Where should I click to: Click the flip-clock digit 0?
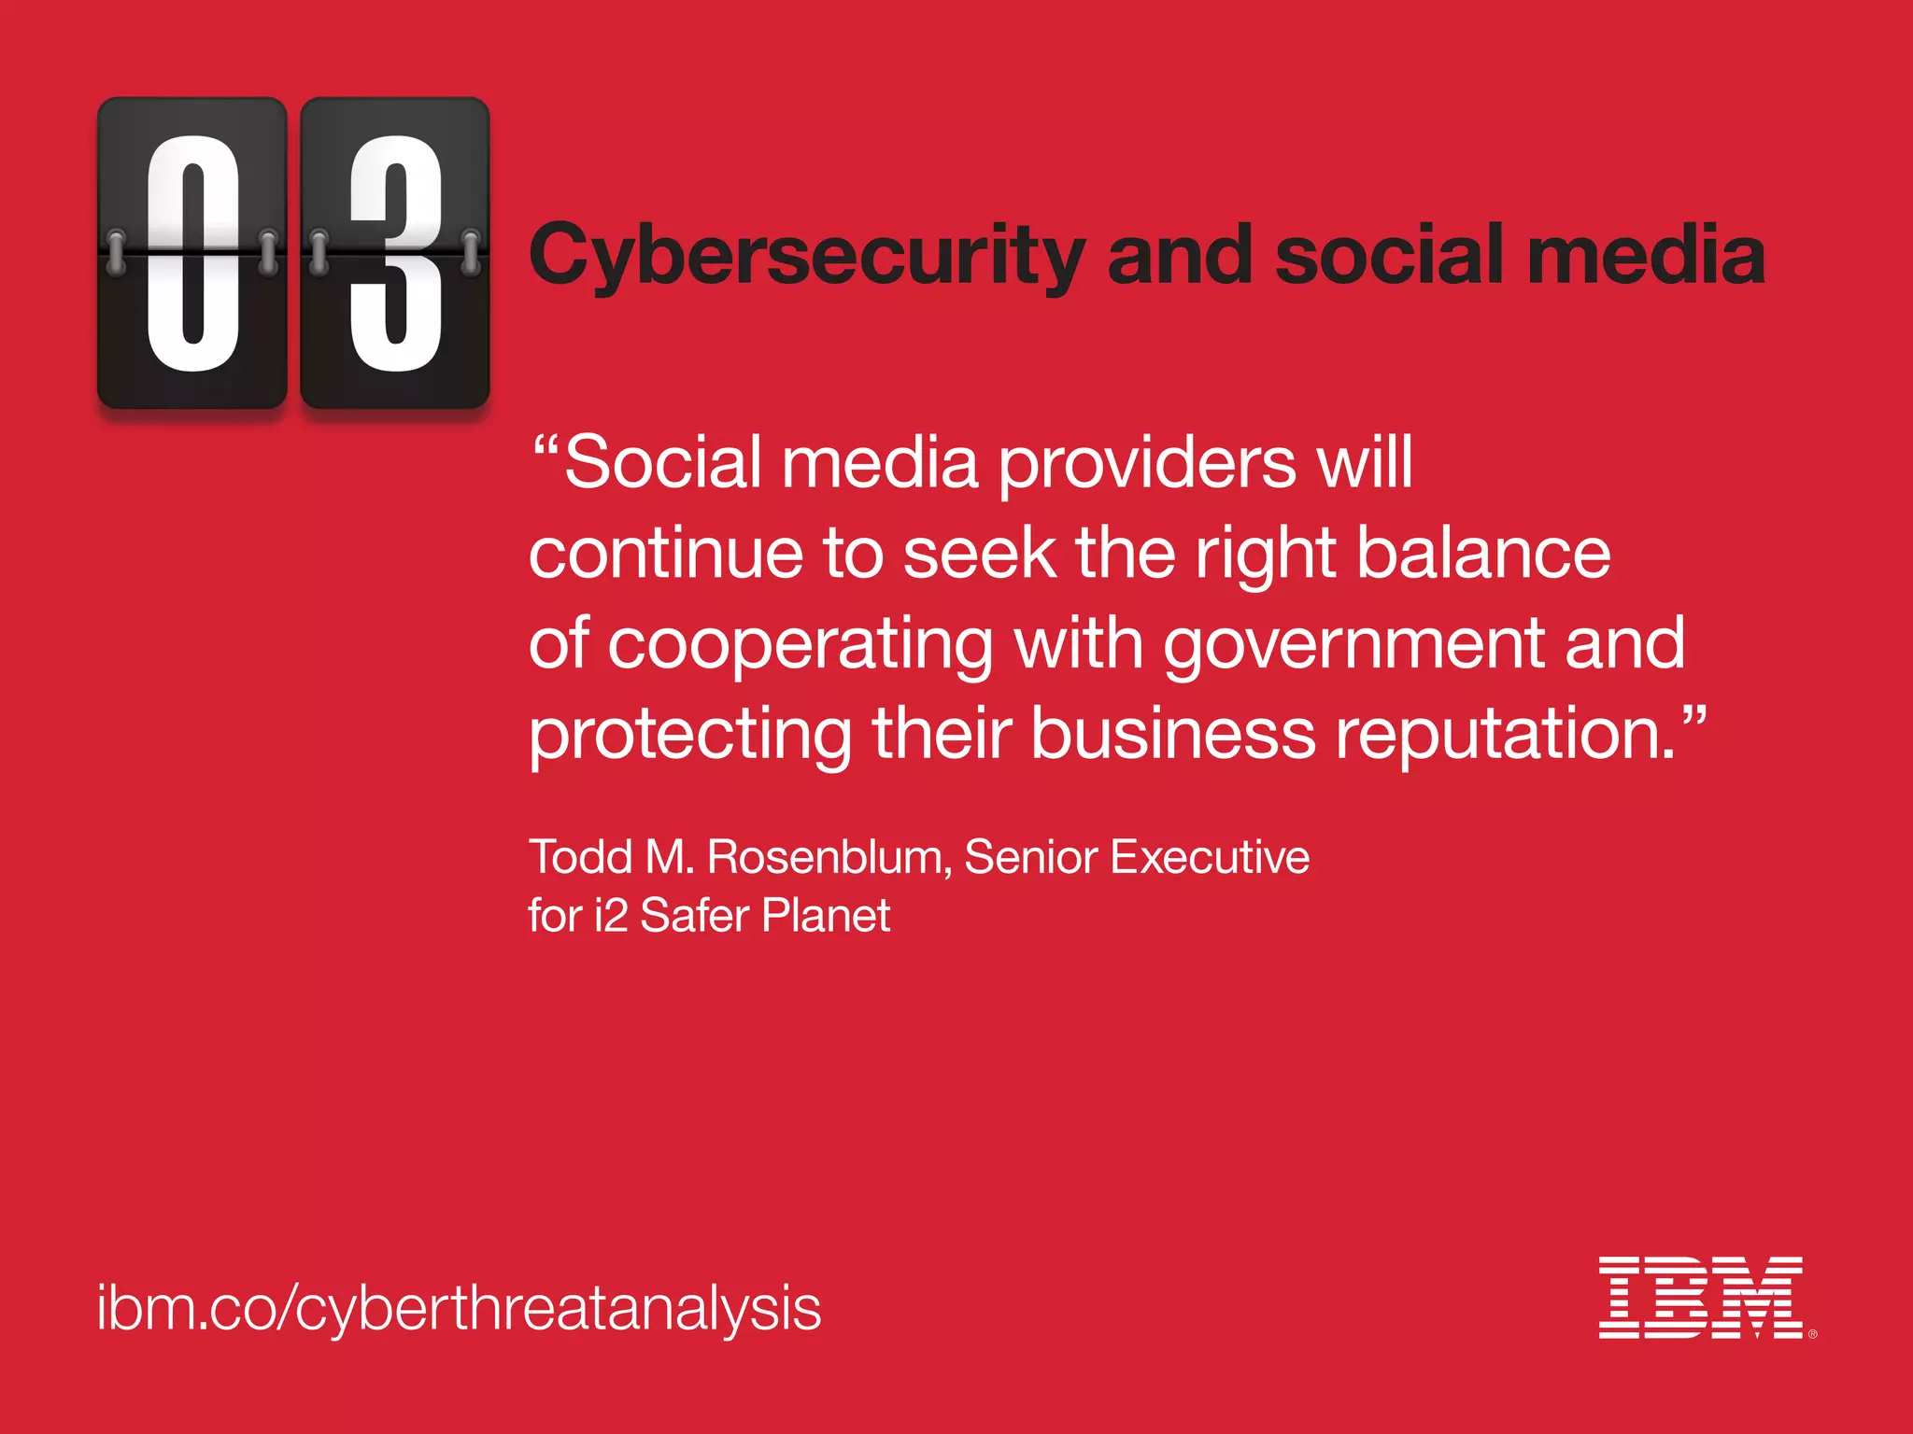[x=192, y=253]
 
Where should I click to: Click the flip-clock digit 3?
[x=395, y=253]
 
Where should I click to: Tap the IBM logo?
[x=1702, y=1298]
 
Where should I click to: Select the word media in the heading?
[x=1646, y=255]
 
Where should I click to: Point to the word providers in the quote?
[x=1148, y=464]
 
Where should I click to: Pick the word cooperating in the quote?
[x=801, y=645]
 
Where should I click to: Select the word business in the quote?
[x=1173, y=734]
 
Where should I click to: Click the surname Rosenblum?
[x=829, y=857]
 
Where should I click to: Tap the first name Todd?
[x=581, y=857]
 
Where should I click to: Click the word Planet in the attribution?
[x=826, y=915]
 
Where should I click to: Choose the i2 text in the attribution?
[x=611, y=915]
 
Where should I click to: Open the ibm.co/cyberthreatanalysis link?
[x=459, y=1309]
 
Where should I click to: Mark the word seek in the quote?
[x=980, y=554]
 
